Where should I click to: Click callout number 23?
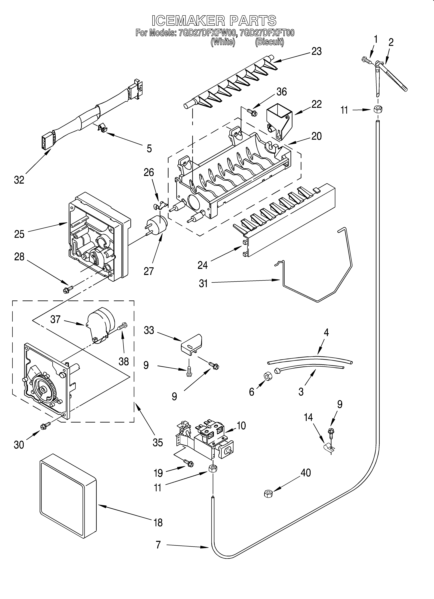[x=316, y=51]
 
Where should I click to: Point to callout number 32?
[x=19, y=180]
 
